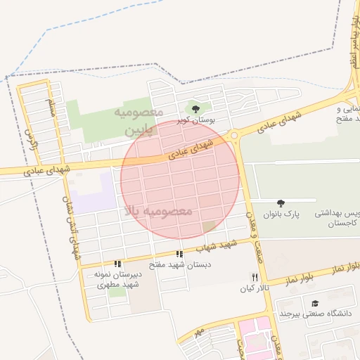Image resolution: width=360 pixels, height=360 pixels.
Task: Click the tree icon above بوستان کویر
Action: click(195, 108)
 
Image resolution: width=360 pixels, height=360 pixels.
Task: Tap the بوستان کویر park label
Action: click(195, 121)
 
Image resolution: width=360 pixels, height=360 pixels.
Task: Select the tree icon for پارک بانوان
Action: click(281, 202)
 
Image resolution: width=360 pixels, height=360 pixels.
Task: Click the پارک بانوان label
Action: click(281, 214)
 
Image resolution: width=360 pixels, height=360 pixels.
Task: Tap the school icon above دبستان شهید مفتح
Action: click(180, 254)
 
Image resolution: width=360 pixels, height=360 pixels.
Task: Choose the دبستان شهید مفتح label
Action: click(180, 266)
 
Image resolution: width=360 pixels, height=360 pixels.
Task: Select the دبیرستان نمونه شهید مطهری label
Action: click(117, 280)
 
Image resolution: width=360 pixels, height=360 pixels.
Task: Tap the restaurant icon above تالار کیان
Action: click(255, 277)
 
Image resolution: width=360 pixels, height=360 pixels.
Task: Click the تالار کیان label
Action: click(255, 289)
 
